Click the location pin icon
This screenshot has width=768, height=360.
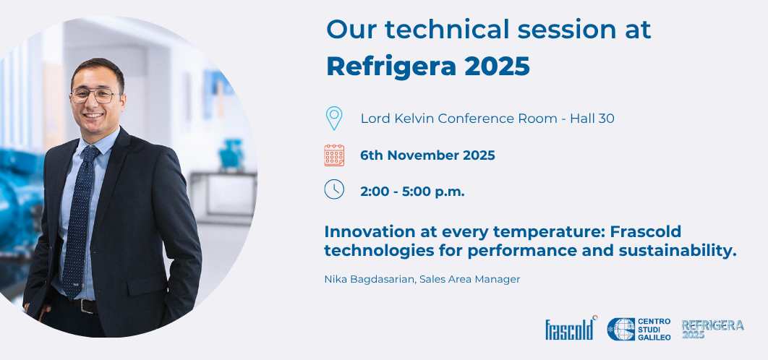pos(333,118)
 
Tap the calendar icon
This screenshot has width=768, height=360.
pos(334,155)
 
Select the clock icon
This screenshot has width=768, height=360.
pos(334,189)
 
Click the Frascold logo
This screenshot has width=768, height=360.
pos(570,329)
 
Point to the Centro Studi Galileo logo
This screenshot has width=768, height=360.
pos(639,329)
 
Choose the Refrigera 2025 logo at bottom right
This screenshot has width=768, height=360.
pos(712,329)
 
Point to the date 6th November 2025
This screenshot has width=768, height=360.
pos(427,155)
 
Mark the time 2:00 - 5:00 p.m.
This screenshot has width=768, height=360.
pos(412,192)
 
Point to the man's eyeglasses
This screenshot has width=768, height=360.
pos(95,95)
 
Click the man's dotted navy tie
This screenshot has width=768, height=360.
pos(79,217)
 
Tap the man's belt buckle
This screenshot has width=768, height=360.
pos(87,306)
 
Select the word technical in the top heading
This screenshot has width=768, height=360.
pos(436,29)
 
